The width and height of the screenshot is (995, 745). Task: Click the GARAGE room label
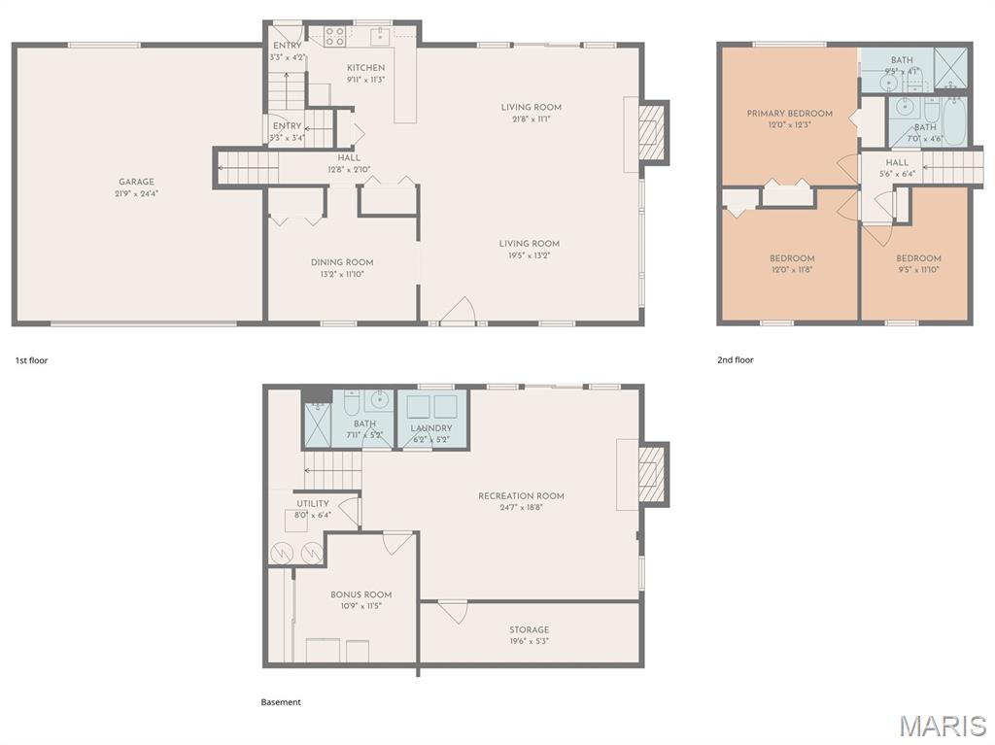coord(136,182)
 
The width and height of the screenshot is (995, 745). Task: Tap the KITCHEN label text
coord(366,68)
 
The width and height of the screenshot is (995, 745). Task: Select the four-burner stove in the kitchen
coord(335,37)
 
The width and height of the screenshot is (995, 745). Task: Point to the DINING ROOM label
coord(342,262)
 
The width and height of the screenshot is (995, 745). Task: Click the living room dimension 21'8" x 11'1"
coord(532,119)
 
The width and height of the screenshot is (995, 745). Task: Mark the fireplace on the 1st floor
coord(651,132)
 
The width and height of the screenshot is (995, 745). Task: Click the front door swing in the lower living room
coord(457,312)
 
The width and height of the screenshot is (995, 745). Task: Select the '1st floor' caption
coord(31,360)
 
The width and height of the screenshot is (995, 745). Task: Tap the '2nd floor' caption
coord(736,360)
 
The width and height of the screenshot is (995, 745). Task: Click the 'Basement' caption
coord(281,702)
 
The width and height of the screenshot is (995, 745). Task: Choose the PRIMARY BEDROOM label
coord(789,114)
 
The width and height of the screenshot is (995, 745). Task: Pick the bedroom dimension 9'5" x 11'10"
coord(918,270)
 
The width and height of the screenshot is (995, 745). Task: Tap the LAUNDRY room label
coord(431,428)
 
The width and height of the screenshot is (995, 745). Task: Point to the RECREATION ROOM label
coord(521,496)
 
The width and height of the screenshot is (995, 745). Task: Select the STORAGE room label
coord(530,629)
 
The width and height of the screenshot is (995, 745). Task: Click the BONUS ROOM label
coord(360,594)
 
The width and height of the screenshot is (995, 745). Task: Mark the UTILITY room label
coord(313,503)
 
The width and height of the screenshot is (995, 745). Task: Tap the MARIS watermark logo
coord(943,726)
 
